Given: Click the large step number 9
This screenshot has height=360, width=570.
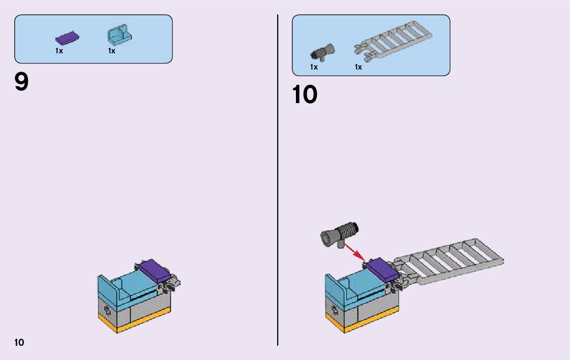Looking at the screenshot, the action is pos(22,82).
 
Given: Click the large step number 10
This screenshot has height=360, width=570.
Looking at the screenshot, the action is pos(305,94).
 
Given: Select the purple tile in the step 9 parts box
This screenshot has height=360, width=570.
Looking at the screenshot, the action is pos(66,39).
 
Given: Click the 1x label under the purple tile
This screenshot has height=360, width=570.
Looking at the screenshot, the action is pos(59,51).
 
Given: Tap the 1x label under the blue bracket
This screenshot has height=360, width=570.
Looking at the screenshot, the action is pos(112,51).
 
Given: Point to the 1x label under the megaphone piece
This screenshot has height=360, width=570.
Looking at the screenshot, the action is pos(314,67).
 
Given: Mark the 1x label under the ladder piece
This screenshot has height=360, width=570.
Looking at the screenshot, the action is pos(358,67).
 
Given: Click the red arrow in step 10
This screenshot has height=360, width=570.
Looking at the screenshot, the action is pos(354,250).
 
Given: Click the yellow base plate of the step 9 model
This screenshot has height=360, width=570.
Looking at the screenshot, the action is pos(135,323).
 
